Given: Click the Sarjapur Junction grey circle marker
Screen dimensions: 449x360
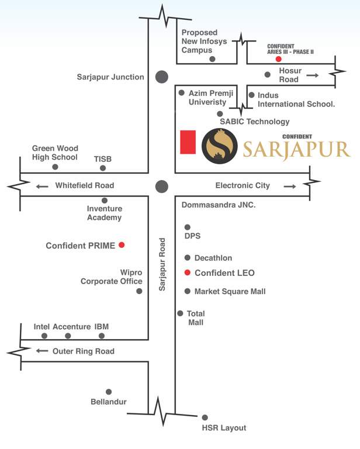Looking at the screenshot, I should (x=161, y=77).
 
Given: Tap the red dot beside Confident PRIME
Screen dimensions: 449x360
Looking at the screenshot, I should (x=122, y=245).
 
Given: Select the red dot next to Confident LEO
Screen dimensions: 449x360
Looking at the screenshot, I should (x=188, y=272).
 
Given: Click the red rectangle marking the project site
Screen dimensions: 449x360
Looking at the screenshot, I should (x=188, y=142).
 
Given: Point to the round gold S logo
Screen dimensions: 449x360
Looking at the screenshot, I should (x=219, y=146).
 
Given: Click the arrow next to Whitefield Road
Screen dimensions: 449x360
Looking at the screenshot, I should (x=42, y=186).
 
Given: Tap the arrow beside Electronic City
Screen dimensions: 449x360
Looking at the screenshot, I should (x=289, y=186).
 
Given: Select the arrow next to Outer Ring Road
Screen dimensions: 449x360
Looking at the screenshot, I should (x=42, y=351).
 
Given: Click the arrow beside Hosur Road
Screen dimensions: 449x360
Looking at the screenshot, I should (x=312, y=75).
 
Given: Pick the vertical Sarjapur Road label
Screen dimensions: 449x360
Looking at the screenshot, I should (x=162, y=264).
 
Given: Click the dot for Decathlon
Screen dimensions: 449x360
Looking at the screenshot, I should (x=188, y=258).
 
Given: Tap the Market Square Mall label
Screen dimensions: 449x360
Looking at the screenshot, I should (x=230, y=291).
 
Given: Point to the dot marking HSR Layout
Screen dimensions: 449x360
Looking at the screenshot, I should (x=205, y=417).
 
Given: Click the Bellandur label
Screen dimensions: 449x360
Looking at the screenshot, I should (x=109, y=402).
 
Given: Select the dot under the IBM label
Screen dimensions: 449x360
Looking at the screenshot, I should (x=102, y=336).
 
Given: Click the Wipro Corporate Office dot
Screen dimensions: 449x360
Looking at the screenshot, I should (x=139, y=291).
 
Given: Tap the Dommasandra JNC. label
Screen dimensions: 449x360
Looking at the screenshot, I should (x=219, y=205).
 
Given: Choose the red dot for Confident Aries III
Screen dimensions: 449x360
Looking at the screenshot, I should (x=279, y=59).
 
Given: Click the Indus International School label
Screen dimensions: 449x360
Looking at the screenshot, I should (x=296, y=99).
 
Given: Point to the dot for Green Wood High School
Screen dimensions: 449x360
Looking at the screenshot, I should (x=55, y=167).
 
